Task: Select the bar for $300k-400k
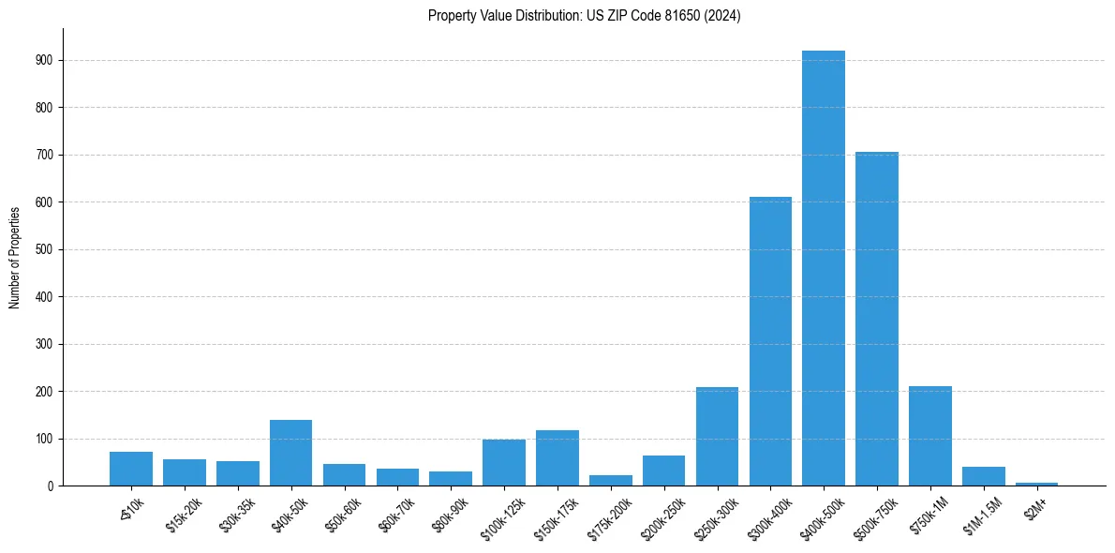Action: (x=770, y=341)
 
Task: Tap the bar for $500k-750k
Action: (x=877, y=319)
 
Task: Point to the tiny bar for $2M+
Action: (x=1036, y=484)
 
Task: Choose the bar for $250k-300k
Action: (x=717, y=436)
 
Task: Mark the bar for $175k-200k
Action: (x=611, y=480)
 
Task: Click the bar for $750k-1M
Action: (x=930, y=436)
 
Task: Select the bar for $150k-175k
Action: (x=557, y=457)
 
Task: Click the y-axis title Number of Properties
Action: (x=14, y=258)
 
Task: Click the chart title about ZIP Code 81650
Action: (x=584, y=16)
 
